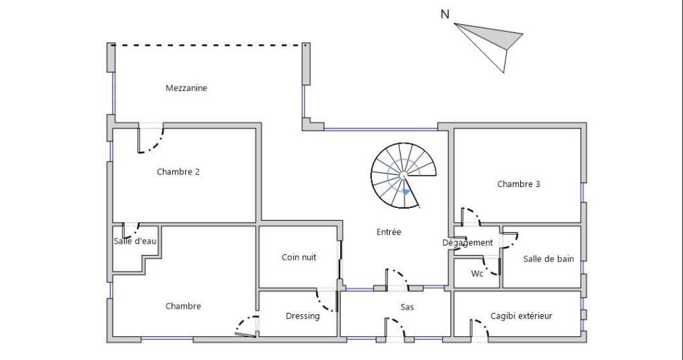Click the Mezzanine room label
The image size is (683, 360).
click(186, 88)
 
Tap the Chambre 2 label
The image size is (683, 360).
click(179, 172)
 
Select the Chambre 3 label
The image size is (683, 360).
click(518, 184)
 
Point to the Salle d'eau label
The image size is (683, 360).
click(135, 241)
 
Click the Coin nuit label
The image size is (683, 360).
click(299, 258)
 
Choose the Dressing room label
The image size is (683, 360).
click(303, 316)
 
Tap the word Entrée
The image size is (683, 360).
click(389, 232)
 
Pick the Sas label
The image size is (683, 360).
click(408, 307)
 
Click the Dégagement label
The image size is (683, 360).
click(467, 242)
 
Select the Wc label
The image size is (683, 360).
click(478, 273)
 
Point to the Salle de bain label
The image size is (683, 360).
click(549, 258)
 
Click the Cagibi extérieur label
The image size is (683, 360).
click(521, 315)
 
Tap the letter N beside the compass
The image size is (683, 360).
click(446, 14)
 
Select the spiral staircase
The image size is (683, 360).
click(404, 175)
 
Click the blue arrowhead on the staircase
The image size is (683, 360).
click(406, 191)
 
